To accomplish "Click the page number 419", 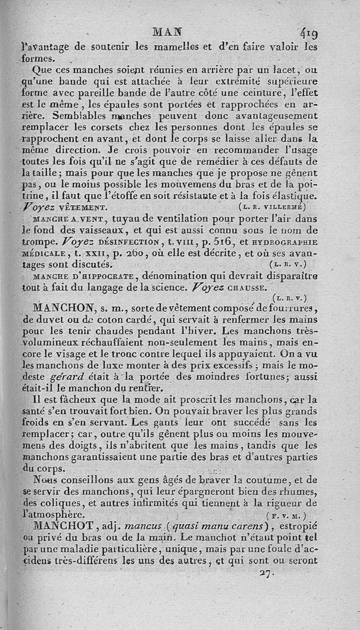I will tap(306, 33).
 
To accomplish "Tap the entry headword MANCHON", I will tap(63, 307).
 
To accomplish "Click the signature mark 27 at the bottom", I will tap(265, 574).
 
